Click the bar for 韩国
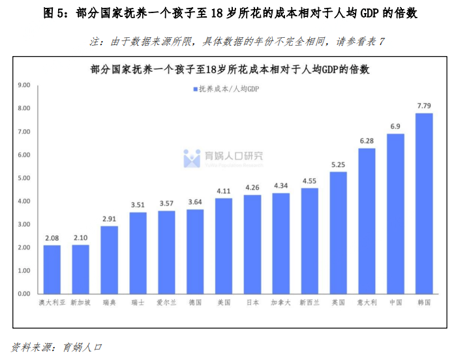click(x=424, y=203)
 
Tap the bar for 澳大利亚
click(x=52, y=269)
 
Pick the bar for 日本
click(x=252, y=244)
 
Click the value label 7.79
click(x=424, y=106)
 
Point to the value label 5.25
click(x=338, y=165)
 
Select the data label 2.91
click(x=109, y=219)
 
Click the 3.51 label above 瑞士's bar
click(x=138, y=205)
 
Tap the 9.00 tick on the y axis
click(x=25, y=85)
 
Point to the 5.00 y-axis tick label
click(x=25, y=178)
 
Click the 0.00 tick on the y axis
click(x=25, y=294)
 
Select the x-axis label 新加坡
click(x=80, y=303)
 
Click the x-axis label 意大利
click(x=367, y=303)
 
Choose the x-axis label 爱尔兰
click(x=166, y=303)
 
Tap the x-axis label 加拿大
click(x=280, y=303)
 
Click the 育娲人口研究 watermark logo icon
click(x=192, y=158)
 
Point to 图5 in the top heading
click(x=54, y=12)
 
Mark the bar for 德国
click(x=195, y=251)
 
